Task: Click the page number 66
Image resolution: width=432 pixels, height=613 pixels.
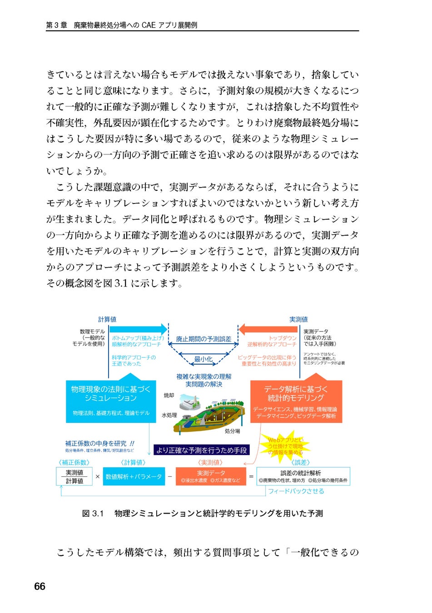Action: (40, 586)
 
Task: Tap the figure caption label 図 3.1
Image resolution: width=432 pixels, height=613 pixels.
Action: (93, 514)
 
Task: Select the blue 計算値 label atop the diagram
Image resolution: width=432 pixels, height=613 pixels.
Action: (107, 319)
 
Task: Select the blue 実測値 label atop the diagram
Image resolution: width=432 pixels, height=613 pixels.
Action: (298, 319)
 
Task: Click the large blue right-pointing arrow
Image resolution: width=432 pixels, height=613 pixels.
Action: (139, 329)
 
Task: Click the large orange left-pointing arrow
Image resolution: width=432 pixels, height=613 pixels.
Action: (268, 329)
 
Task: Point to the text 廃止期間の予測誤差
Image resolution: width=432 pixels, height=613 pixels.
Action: (204, 339)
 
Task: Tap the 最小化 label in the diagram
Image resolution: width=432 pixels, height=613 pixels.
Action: (203, 359)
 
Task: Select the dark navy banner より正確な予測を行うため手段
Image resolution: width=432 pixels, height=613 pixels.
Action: (201, 450)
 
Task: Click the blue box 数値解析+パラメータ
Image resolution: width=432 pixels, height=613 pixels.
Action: (134, 476)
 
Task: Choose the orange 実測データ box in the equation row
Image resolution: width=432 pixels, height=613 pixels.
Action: (210, 476)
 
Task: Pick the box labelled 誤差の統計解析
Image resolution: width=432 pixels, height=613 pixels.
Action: (303, 476)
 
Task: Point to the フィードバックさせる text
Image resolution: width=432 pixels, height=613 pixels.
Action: (296, 491)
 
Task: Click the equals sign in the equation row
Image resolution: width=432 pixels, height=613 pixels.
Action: (251, 476)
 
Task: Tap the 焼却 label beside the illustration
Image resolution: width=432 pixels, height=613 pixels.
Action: (169, 395)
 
